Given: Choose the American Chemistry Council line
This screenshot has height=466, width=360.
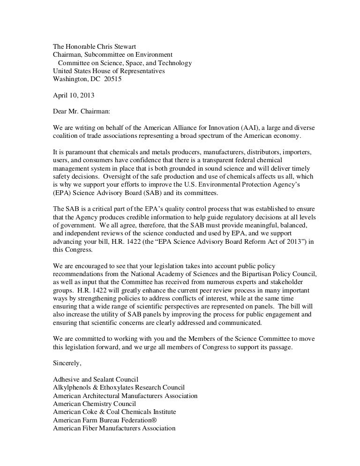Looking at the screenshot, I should [x=94, y=403].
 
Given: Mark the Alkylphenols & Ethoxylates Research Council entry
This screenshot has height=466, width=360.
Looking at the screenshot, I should [x=119, y=388].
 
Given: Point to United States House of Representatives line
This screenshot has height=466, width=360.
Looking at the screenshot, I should [x=108, y=71].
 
